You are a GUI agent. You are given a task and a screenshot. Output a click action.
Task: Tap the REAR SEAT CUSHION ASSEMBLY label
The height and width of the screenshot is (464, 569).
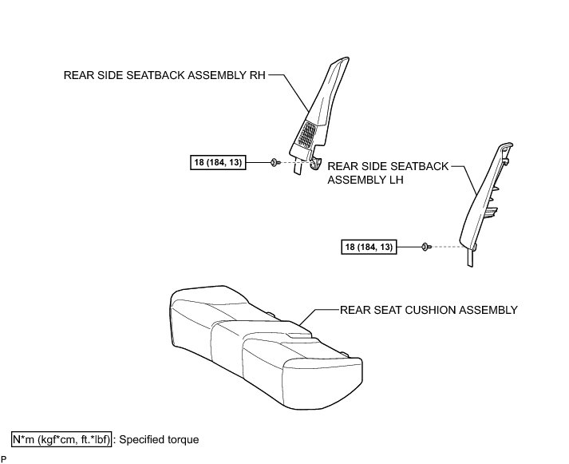click(x=429, y=310)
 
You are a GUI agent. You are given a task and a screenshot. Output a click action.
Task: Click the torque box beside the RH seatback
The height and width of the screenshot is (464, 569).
click(x=218, y=163)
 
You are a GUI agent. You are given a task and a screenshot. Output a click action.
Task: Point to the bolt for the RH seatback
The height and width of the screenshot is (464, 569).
click(x=274, y=163)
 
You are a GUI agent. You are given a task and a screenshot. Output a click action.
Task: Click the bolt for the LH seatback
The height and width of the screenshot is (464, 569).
click(x=425, y=248)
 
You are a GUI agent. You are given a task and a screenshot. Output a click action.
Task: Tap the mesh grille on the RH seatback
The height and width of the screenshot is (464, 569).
click(x=307, y=134)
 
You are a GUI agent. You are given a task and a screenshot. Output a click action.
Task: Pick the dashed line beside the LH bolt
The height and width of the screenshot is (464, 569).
click(x=447, y=248)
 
